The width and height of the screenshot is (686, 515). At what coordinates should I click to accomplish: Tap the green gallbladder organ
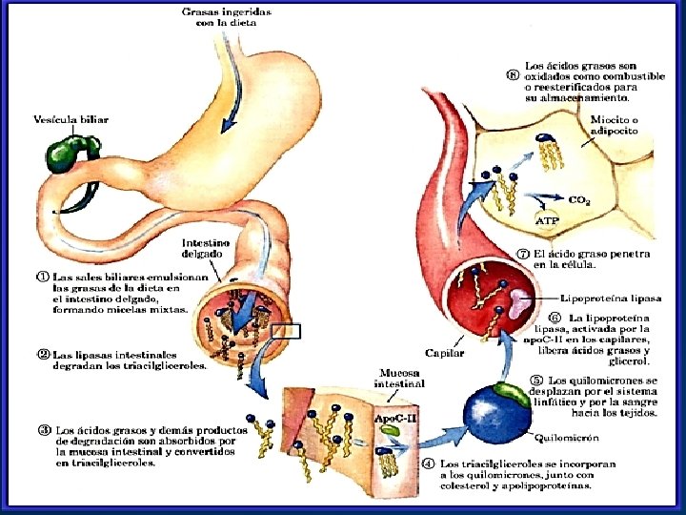70,149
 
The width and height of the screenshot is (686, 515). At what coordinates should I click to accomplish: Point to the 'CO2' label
578,199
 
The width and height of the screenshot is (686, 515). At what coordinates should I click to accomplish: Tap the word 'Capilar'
446,354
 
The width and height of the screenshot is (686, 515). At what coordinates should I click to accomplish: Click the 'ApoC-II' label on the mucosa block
387,417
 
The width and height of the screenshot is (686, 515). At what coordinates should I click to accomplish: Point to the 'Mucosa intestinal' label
393,379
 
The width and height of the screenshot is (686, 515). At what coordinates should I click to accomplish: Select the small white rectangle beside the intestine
286,333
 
